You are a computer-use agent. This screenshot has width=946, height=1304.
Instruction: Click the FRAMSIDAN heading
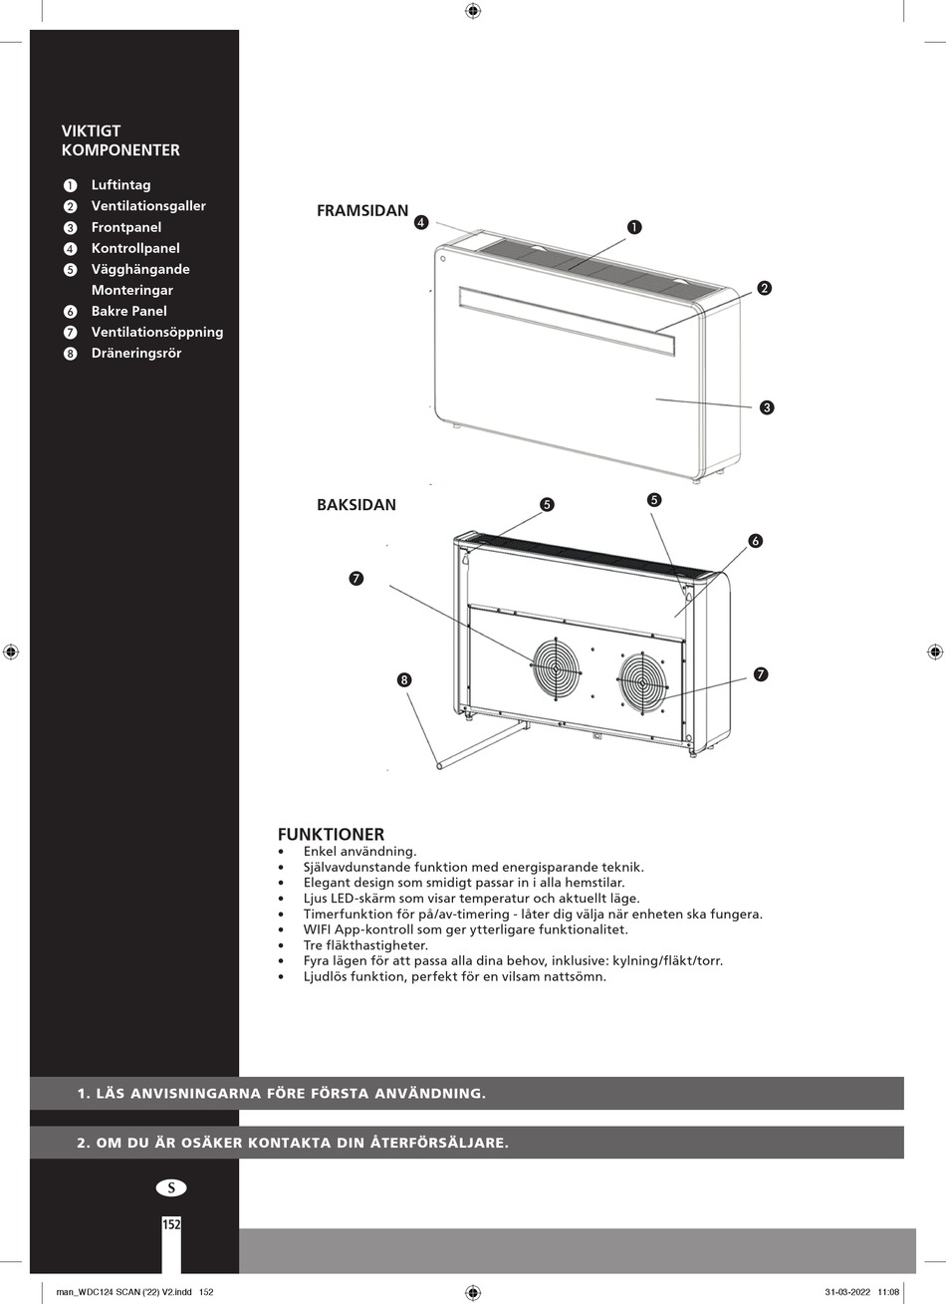362,211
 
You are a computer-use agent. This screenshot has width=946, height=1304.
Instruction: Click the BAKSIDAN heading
356,505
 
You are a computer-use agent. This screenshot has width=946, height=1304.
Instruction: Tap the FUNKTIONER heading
331,835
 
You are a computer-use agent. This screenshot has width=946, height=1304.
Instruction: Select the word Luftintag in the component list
120,185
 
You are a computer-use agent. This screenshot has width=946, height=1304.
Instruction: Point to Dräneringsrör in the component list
136,354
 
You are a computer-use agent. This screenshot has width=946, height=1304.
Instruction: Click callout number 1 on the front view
634,227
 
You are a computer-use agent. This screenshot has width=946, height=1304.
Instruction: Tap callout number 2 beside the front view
764,289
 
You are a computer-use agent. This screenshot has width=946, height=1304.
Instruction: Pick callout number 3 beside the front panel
767,407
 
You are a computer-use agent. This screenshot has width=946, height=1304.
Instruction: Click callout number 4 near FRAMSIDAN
421,223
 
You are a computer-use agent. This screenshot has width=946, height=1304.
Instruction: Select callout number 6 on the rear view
755,541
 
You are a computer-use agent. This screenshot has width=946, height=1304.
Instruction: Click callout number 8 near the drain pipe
403,680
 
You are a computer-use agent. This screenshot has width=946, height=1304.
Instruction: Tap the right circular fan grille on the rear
642,682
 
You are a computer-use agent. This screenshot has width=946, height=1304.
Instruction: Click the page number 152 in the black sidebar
171,1225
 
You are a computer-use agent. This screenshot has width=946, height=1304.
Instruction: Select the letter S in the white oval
171,1187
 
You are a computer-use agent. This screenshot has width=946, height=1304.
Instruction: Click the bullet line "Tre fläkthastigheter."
365,945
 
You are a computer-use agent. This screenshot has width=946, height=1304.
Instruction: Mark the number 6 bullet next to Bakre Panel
70,312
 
